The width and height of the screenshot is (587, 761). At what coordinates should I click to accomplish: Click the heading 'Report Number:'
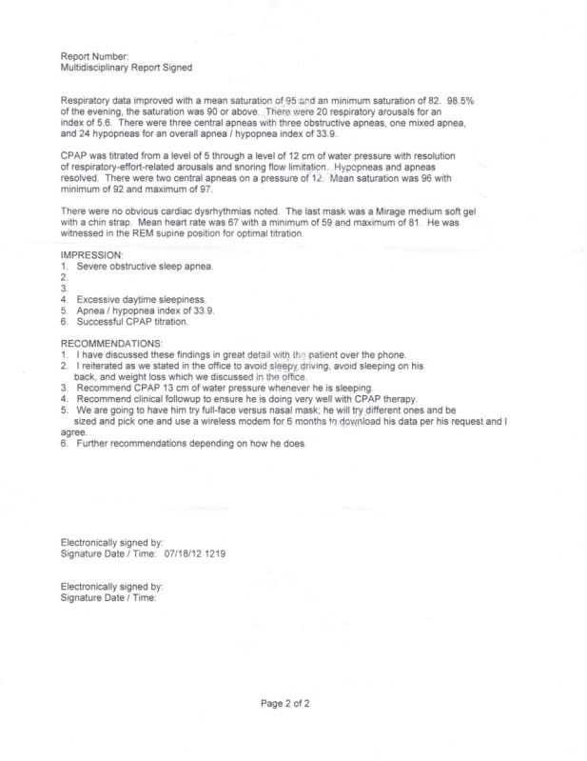(93, 57)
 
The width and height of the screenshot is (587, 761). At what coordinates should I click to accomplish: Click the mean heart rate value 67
(226, 222)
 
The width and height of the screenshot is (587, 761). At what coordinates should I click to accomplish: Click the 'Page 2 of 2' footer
(285, 705)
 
